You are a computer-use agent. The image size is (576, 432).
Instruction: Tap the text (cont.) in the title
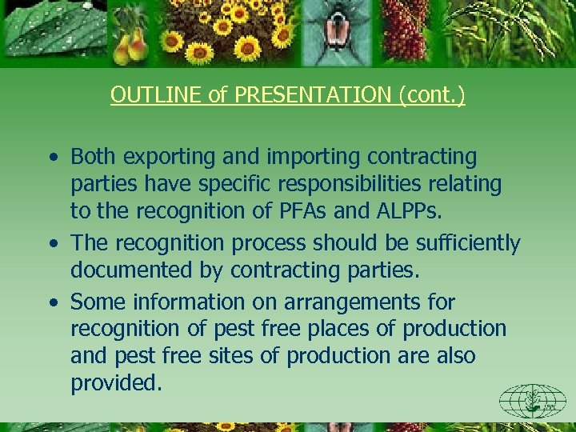pyautogui.click(x=431, y=95)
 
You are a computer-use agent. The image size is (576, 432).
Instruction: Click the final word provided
pyautogui.click(x=117, y=383)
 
